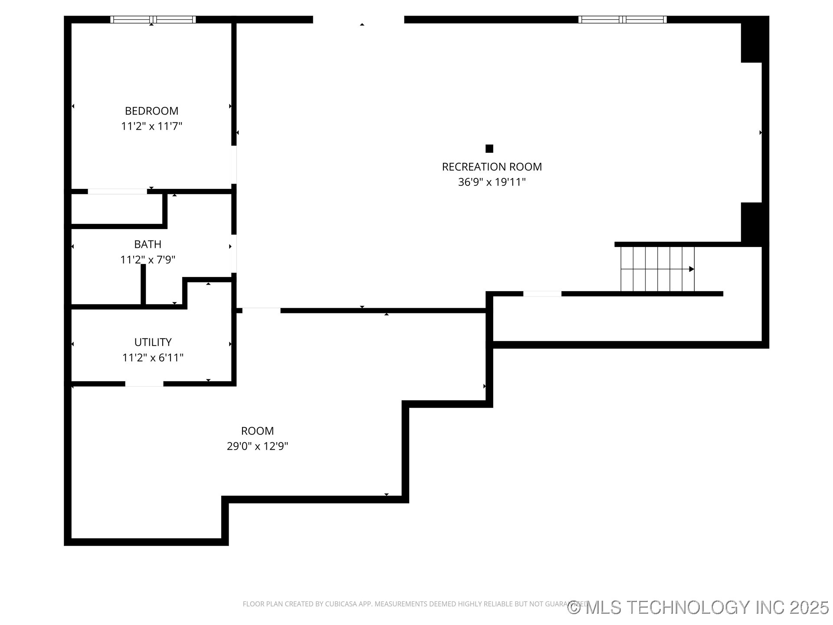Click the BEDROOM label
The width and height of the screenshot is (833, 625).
tap(151, 111)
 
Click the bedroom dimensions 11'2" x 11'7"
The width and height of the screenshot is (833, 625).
tap(151, 126)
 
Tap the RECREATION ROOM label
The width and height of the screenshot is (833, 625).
tap(492, 167)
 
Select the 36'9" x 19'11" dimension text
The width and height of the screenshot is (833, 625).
tap(492, 182)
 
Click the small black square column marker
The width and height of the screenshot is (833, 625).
tap(489, 148)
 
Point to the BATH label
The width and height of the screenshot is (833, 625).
tap(148, 244)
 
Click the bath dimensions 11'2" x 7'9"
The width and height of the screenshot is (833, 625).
tap(148, 260)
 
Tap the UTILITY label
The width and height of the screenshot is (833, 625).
tap(153, 342)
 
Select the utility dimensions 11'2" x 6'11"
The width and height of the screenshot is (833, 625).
tap(153, 358)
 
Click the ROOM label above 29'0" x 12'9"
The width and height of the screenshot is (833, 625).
tap(257, 431)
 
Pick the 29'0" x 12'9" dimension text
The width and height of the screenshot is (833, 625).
tap(257, 446)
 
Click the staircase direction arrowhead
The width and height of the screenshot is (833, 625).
tap(692, 269)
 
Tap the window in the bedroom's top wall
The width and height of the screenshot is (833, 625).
tap(153, 20)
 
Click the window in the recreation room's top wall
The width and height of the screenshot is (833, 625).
tap(622, 20)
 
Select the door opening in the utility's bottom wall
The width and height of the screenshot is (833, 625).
tap(144, 384)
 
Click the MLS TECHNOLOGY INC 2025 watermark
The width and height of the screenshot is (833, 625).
tap(699, 607)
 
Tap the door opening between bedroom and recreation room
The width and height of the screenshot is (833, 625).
tap(234, 164)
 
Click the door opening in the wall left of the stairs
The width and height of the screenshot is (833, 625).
tap(542, 294)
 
